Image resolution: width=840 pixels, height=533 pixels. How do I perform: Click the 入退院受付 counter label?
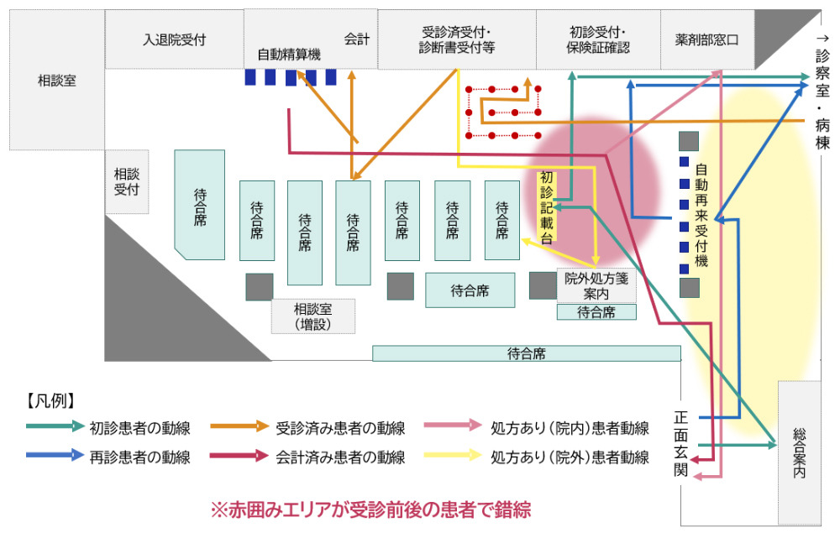174,39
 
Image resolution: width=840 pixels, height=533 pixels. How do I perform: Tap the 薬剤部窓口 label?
706,39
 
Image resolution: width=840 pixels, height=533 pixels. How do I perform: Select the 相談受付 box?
127,182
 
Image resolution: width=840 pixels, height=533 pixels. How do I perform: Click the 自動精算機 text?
289,54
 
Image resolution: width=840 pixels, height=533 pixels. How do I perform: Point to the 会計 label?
357,39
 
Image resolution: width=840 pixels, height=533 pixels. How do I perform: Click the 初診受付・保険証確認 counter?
598,39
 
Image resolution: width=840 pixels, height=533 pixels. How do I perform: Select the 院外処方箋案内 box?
596,285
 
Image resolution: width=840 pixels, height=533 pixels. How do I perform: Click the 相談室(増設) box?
312,316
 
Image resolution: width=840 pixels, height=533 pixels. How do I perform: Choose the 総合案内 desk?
800,452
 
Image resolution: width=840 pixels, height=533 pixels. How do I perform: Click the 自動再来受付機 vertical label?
701,216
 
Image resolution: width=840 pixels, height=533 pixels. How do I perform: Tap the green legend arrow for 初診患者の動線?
55,426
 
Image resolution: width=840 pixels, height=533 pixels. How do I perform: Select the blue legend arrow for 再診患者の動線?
55,456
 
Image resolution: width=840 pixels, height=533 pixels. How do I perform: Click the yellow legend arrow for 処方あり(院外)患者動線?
453,456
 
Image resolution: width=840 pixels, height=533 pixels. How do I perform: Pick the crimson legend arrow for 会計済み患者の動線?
239,456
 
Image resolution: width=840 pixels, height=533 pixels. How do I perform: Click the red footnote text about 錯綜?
370,509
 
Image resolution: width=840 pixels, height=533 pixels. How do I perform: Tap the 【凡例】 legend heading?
50,401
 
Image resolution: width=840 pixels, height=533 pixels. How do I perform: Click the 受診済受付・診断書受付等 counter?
457,39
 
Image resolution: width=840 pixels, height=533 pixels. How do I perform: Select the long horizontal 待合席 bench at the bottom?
527,353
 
